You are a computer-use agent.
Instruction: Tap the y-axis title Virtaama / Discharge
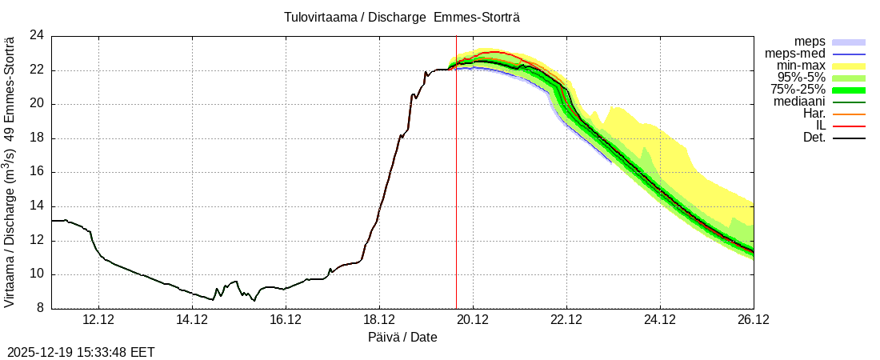(10, 172)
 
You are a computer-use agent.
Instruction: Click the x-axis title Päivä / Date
(402, 337)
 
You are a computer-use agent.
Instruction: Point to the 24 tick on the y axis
(37, 36)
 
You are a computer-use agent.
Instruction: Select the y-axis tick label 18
(37, 138)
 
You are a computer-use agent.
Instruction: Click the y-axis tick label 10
(37, 274)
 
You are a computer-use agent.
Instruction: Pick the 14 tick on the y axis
(37, 206)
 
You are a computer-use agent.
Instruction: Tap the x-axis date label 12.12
(98, 320)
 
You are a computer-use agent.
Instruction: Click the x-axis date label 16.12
(286, 320)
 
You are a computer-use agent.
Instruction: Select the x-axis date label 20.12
(473, 320)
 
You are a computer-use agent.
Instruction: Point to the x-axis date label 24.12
(660, 320)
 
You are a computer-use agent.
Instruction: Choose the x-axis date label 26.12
(754, 320)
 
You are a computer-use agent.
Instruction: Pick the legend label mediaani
(800, 102)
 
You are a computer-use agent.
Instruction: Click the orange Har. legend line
(849, 114)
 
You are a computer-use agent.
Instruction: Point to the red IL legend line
(849, 126)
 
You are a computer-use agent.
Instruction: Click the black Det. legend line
(849, 138)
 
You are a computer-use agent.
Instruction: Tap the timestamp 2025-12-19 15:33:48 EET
(81, 352)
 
